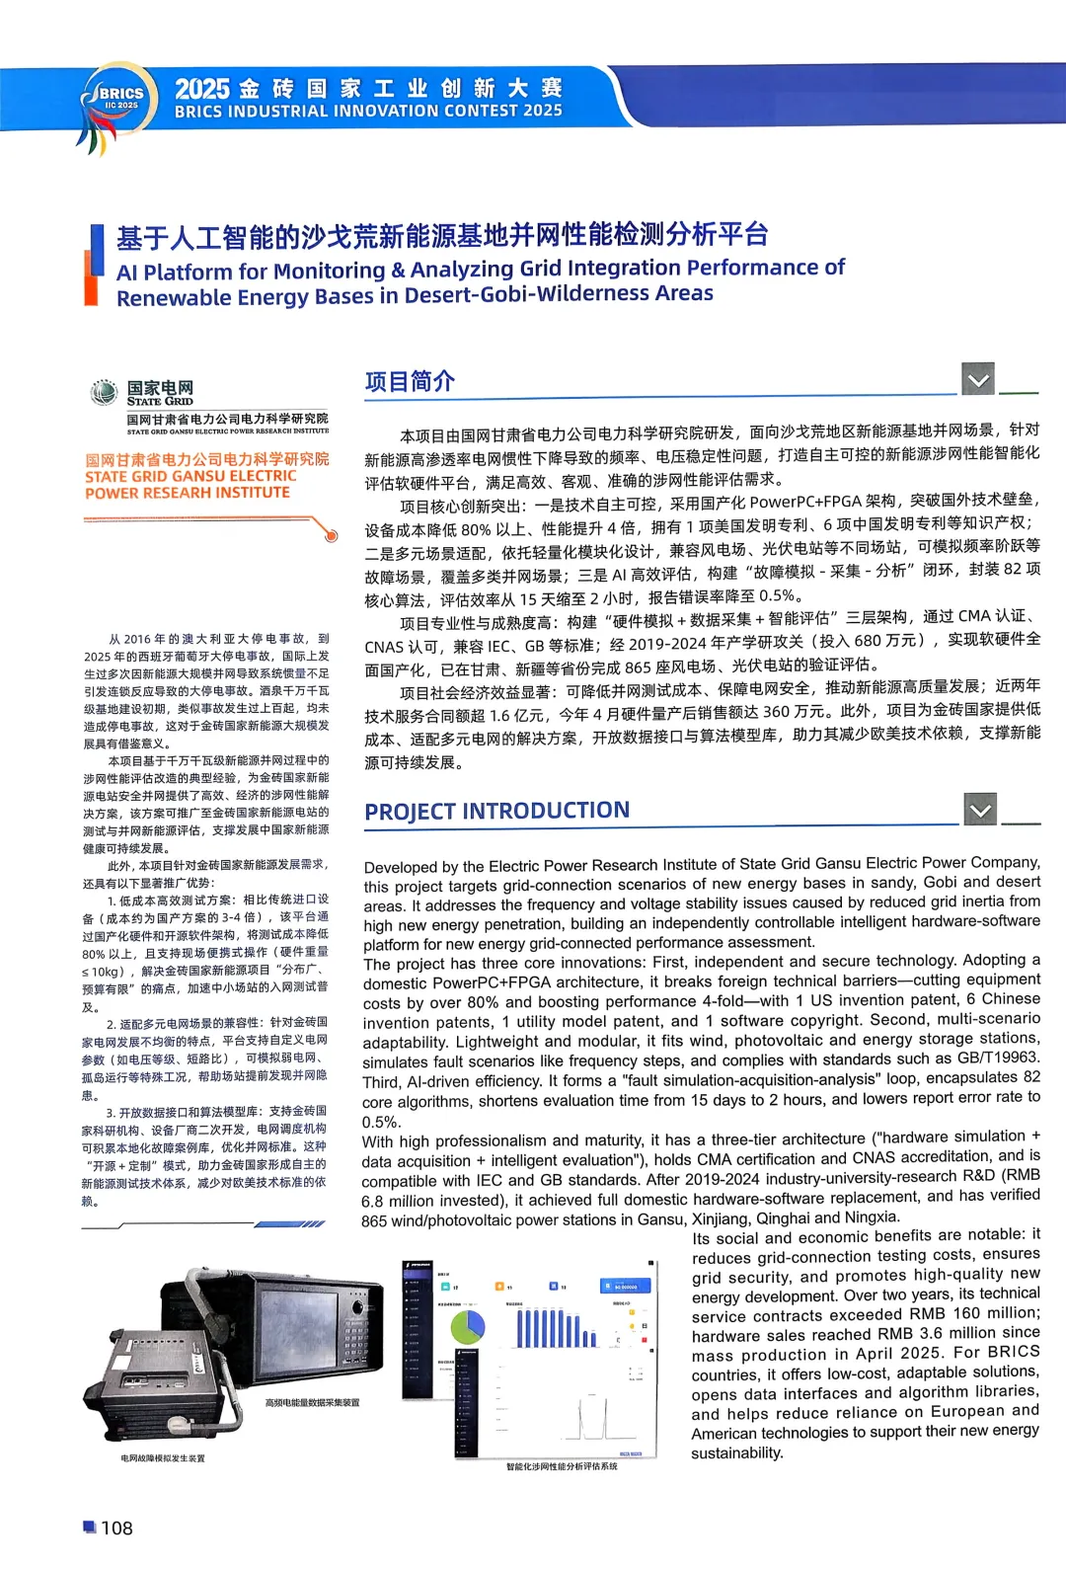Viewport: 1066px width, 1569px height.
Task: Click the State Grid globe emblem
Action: click(x=104, y=392)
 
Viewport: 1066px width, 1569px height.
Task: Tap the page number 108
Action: click(x=116, y=1528)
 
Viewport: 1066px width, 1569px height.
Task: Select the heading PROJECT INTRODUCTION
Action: click(x=496, y=812)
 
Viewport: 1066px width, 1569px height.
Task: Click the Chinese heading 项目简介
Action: click(x=410, y=381)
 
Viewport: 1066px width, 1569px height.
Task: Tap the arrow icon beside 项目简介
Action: click(x=978, y=378)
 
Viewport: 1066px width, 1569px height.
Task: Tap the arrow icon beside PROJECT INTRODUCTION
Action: click(x=980, y=810)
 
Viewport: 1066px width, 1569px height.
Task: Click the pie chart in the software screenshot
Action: click(x=467, y=1326)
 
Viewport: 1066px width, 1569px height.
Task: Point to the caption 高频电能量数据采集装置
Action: click(x=312, y=1402)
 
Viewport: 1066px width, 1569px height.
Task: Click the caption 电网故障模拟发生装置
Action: click(x=163, y=1457)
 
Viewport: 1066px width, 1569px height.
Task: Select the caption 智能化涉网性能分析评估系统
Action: click(x=562, y=1466)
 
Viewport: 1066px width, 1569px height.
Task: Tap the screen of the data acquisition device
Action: click(x=296, y=1317)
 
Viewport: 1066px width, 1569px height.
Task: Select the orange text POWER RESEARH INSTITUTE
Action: click(x=188, y=493)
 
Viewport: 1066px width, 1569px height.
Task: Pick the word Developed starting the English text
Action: click(x=400, y=867)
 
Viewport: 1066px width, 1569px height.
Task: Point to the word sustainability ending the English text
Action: click(x=737, y=1452)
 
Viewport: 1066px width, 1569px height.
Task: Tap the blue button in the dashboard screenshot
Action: click(x=625, y=1286)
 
